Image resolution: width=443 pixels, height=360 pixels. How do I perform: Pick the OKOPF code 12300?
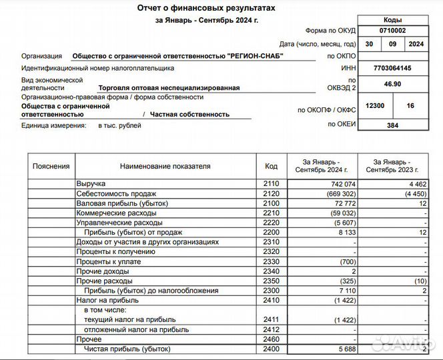(x=375, y=106)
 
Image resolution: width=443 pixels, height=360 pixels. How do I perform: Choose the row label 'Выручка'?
(x=91, y=183)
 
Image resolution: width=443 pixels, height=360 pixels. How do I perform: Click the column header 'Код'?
(x=271, y=166)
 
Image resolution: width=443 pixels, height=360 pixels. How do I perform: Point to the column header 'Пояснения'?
(x=51, y=166)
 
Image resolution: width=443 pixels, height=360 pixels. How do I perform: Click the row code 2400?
(x=271, y=349)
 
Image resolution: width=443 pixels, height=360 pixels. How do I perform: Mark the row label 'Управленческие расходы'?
(x=117, y=223)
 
